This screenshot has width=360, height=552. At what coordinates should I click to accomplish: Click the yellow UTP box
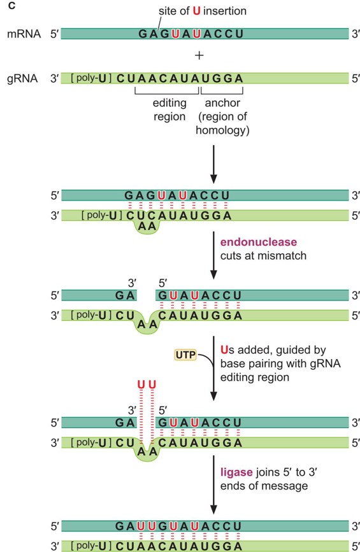coord(185,355)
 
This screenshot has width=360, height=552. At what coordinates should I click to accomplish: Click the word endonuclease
coord(259,242)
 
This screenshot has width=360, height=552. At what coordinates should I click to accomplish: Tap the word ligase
coord(236,472)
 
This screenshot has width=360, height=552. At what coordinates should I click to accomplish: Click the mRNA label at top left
coord(24,34)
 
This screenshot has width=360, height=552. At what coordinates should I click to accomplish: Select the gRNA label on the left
coord(22,78)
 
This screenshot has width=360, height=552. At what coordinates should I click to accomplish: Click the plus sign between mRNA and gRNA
coord(199,55)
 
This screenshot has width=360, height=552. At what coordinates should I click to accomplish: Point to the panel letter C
coord(11,6)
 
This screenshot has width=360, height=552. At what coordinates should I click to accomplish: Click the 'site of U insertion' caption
coord(203,11)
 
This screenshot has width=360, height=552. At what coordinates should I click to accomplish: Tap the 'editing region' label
coord(169,110)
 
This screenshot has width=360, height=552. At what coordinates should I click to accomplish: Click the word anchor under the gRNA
coord(222,103)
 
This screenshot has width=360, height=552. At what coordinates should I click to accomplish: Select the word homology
coord(222,131)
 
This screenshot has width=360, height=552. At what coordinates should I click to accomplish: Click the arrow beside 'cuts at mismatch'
coord(213,255)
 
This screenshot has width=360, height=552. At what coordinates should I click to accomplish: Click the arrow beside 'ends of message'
coord(213,485)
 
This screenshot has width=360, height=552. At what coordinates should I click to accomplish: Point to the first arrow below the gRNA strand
coord(213,164)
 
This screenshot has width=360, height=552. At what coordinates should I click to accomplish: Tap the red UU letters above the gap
coord(147,384)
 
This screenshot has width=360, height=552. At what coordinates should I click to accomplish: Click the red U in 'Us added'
coord(224,350)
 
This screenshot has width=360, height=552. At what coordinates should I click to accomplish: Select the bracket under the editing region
coord(167,91)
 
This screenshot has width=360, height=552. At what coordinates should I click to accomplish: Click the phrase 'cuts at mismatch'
coord(263,255)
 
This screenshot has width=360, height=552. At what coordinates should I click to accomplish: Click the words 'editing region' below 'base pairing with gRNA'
coord(255,378)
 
